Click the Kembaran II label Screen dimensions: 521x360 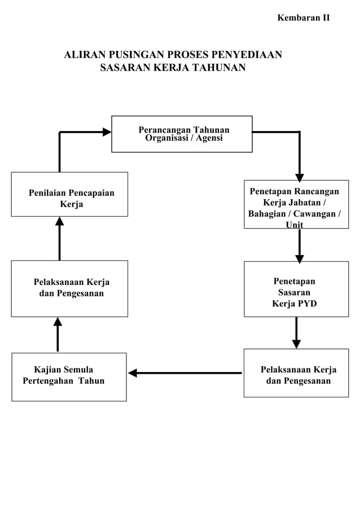pos(303,17)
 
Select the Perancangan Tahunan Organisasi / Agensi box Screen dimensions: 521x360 pos(182,134)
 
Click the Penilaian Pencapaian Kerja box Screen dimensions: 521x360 pos(69,194)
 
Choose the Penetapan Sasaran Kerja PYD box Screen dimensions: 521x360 pos(296,288)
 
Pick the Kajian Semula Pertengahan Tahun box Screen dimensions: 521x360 pos(69,376)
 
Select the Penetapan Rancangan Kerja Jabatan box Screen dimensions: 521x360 pos(296,204)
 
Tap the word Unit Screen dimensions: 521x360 pos(294,225)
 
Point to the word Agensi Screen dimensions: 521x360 pos(209,138)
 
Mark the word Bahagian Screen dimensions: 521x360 pos(267,214)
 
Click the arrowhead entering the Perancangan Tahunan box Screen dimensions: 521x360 pos(107,132)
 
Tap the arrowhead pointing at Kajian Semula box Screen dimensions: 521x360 pos(133,373)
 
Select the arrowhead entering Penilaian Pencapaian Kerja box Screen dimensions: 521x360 pos(59,221)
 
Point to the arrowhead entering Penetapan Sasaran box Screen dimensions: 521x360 pos(299,259)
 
